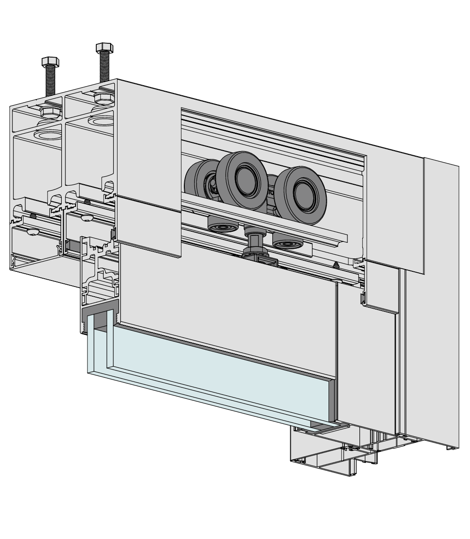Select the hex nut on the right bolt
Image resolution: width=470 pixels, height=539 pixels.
[x=103, y=98]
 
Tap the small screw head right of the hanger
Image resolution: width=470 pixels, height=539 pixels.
[x=336, y=264]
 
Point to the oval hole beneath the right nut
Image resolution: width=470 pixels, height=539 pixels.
[x=103, y=121]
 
